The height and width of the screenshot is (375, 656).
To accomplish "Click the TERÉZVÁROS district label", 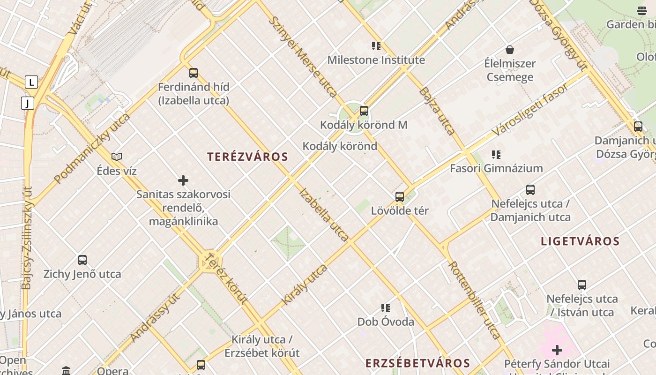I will click(247, 157).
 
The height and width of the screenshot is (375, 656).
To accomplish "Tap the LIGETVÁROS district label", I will click(580, 241).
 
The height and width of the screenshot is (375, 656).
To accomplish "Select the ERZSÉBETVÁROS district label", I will click(417, 363).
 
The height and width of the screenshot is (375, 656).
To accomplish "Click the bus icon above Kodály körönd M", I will click(364, 111).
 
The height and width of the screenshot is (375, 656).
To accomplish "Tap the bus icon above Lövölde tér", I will click(400, 197).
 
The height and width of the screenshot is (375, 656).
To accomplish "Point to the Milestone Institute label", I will click(376, 60).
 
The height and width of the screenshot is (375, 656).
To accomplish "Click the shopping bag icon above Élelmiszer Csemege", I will click(510, 50).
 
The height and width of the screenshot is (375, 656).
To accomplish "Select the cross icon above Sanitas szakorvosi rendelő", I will click(183, 180).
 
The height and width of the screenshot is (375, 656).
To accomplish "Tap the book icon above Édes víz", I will click(117, 157).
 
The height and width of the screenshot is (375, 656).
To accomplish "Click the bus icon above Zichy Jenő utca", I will click(82, 260).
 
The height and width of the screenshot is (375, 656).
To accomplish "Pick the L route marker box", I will click(31, 82).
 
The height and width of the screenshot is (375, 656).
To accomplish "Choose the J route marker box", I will click(28, 103).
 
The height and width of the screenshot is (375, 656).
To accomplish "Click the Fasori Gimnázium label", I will click(496, 168).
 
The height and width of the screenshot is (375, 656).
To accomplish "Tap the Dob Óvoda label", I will click(386, 322).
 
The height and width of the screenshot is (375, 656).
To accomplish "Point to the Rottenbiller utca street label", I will click(475, 300).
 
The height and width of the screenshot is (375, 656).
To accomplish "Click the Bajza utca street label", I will click(437, 111).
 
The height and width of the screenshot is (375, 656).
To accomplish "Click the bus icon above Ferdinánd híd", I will click(194, 73).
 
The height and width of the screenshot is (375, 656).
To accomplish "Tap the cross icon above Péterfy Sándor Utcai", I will click(557, 350).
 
